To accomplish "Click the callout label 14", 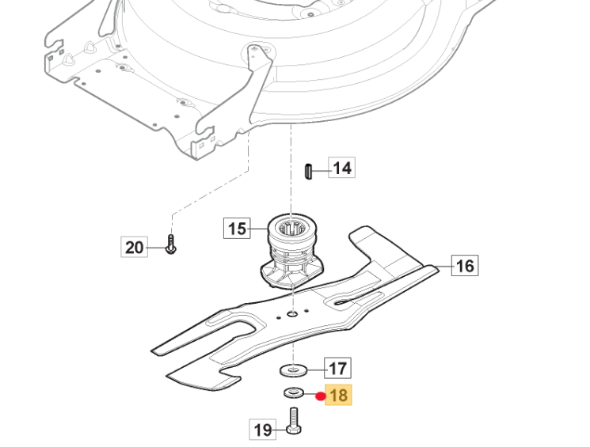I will tap(342, 169).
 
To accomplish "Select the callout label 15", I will tap(237, 229).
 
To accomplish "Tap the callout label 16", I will tap(465, 265).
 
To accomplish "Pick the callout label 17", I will tap(338, 368).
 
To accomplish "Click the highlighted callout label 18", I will tap(338, 395).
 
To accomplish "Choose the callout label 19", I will tap(263, 430).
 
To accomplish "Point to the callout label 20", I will tap(135, 248).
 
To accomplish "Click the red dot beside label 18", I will tap(321, 396).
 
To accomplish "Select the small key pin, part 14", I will tap(310, 172).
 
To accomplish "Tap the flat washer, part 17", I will tap(295, 369).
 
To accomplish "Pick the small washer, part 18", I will tap(293, 393).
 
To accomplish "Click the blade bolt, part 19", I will tap(294, 420).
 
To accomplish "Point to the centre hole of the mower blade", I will tap(293, 315).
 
